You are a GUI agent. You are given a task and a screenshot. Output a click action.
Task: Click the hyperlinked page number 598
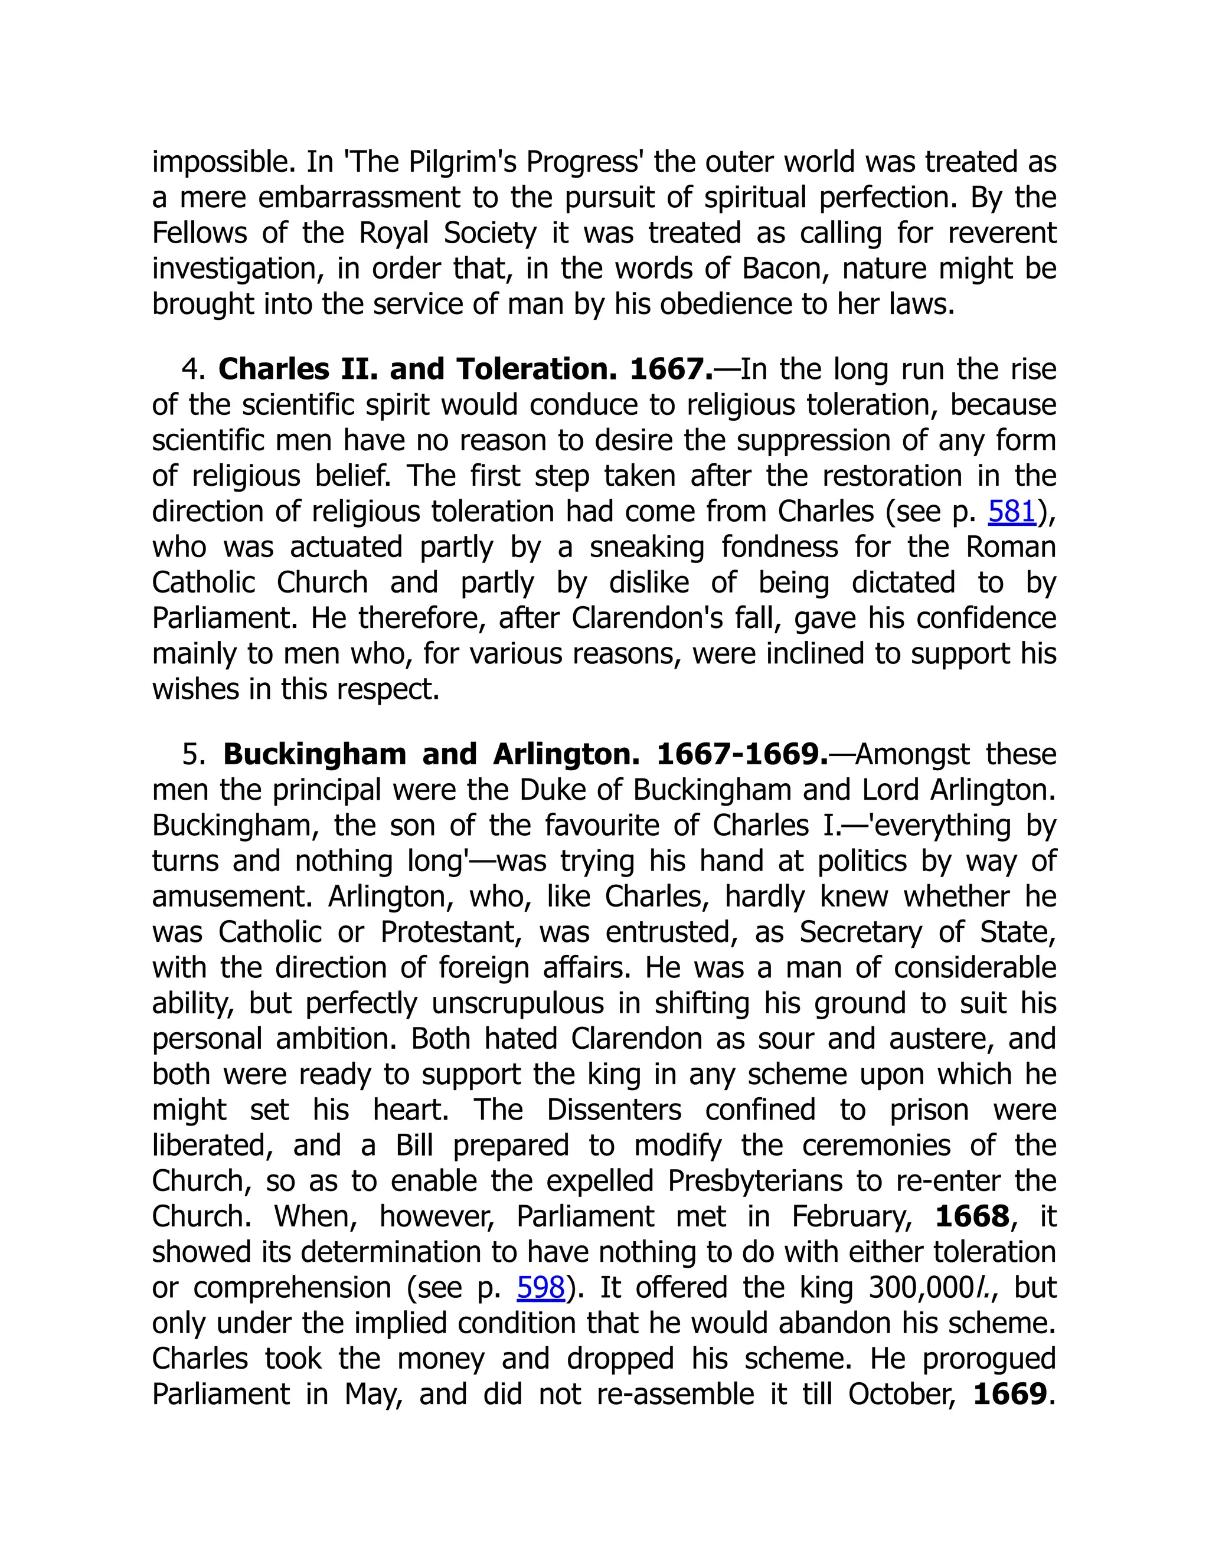(541, 1288)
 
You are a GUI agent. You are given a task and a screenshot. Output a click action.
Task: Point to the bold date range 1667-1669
(742, 754)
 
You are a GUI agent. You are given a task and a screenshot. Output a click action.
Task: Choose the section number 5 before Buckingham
(190, 754)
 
